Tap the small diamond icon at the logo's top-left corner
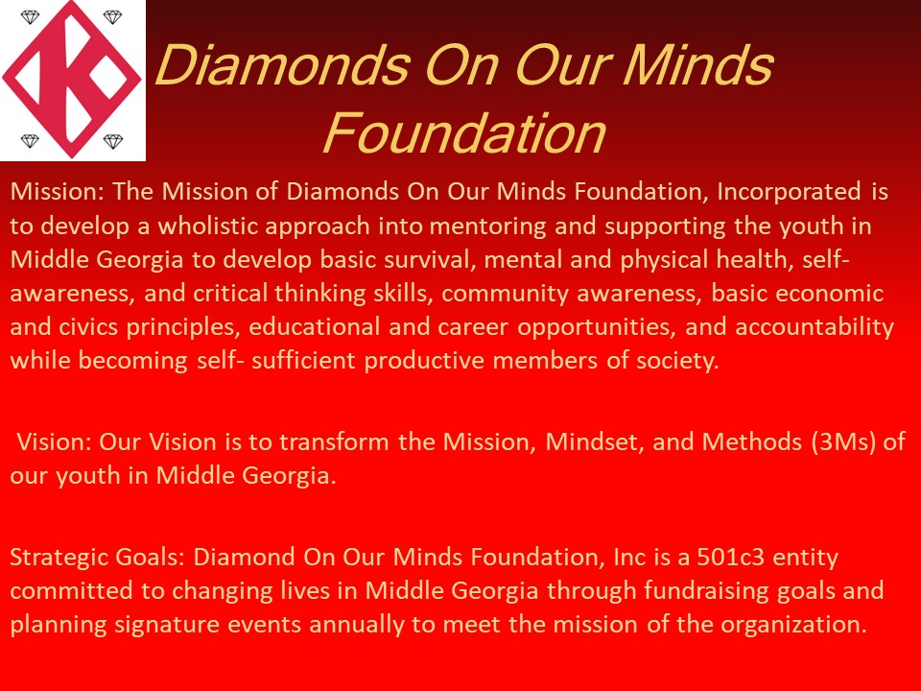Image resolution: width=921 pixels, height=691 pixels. pyautogui.click(x=30, y=17)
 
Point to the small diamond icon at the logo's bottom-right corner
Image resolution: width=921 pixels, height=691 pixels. pyautogui.click(x=113, y=141)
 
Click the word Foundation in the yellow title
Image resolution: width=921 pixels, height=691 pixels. pyautogui.click(x=464, y=133)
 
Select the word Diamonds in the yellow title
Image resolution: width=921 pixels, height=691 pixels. pyautogui.click(x=283, y=65)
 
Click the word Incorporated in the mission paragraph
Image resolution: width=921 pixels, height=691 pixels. pyautogui.click(x=789, y=193)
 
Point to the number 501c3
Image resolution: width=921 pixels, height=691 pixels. pyautogui.click(x=731, y=557)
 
